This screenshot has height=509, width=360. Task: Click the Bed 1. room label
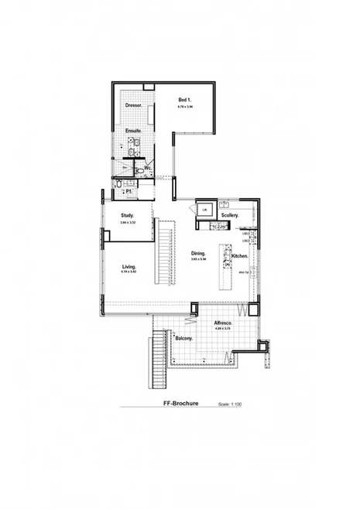(x=184, y=101)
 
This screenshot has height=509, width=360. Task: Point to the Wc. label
(x=147, y=167)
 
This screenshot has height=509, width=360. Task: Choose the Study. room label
(x=128, y=215)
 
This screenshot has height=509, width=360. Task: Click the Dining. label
(x=199, y=253)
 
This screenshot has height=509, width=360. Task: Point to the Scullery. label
(x=229, y=215)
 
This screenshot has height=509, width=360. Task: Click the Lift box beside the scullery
(x=204, y=210)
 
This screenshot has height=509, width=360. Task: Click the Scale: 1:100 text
(x=231, y=403)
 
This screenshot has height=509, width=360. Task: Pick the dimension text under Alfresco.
(x=223, y=330)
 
